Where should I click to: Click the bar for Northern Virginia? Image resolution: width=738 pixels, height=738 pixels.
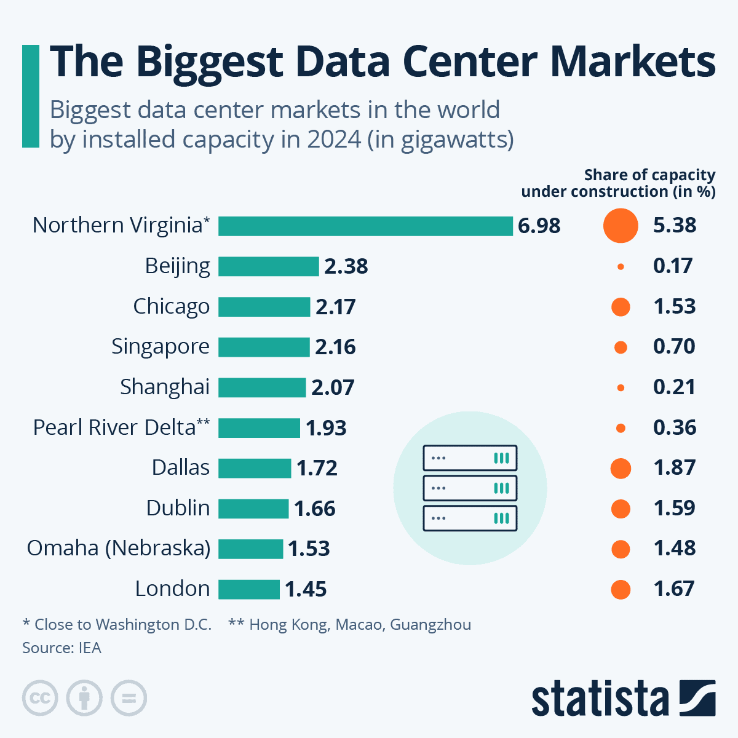click(365, 226)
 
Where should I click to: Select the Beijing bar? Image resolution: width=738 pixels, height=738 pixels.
click(269, 266)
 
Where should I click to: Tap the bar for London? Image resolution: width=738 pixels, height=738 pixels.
click(249, 589)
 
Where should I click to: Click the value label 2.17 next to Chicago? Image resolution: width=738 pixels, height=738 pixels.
click(335, 307)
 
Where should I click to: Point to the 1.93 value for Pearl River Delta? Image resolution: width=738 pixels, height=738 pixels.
click(326, 428)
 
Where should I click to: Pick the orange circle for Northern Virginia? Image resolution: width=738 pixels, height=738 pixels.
click(621, 226)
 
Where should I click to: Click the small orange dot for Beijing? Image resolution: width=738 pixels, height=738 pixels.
click(621, 266)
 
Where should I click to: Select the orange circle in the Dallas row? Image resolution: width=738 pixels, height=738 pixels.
click(621, 469)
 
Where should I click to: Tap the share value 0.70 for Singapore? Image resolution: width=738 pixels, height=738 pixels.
click(674, 347)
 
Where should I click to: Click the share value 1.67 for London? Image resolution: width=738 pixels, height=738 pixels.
click(674, 589)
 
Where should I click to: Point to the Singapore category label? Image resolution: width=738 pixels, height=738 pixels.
click(161, 347)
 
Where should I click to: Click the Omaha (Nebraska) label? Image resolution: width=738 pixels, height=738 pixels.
click(119, 548)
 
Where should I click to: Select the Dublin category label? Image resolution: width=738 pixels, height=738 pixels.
click(178, 508)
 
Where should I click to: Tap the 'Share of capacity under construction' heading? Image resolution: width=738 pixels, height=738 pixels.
click(618, 183)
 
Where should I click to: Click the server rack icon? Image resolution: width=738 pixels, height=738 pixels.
click(470, 488)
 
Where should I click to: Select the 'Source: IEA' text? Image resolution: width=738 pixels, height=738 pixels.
click(61, 648)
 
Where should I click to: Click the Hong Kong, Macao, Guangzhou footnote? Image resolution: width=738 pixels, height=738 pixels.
click(350, 625)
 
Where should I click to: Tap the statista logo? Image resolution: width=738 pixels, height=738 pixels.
click(622, 699)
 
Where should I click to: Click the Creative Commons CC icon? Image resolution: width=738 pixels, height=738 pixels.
click(40, 699)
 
